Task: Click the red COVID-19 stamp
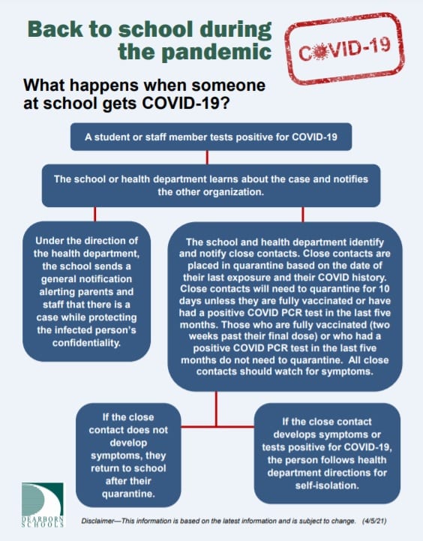point(344,49)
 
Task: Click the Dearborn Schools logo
point(43,504)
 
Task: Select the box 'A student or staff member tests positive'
point(211,137)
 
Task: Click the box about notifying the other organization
point(211,185)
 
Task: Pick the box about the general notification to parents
point(86,292)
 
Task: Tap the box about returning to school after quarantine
point(128,455)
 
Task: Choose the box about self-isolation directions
point(327,453)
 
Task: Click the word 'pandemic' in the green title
point(195,53)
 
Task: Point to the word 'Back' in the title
point(55,29)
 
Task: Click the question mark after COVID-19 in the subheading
point(224,103)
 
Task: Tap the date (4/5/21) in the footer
point(374,521)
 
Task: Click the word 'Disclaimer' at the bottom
point(97,521)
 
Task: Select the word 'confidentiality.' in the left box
point(86,343)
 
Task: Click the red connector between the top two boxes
point(207,158)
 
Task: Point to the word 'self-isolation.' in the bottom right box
point(327,485)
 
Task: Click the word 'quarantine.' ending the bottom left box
point(128,494)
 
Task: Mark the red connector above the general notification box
point(94,215)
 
